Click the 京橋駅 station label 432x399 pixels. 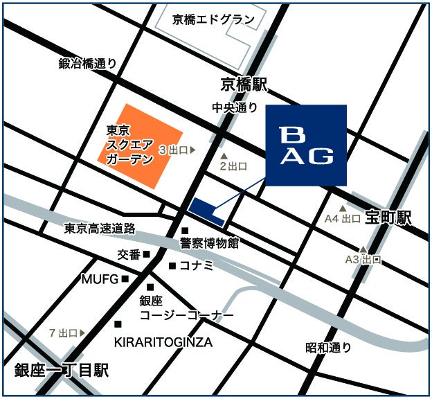pyautogui.click(x=244, y=85)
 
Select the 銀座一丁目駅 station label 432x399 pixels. pyautogui.click(x=62, y=371)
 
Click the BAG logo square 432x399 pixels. pyautogui.click(x=306, y=145)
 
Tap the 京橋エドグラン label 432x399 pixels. pyautogui.click(x=214, y=19)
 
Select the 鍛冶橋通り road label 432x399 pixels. pyautogui.click(x=88, y=64)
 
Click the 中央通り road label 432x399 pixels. pyautogui.click(x=235, y=107)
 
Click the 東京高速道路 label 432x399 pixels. pyautogui.click(x=100, y=228)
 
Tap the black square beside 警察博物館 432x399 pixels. pyautogui.click(x=185, y=231)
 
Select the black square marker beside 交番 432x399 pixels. pyautogui.click(x=147, y=254)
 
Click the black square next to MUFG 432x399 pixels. pyautogui.click(x=125, y=279)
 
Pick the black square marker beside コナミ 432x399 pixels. pyautogui.click(x=172, y=265)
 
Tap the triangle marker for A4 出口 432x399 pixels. pyautogui.click(x=342, y=208)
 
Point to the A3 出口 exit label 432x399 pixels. pyautogui.click(x=363, y=260)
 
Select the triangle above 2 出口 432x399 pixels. pyautogui.click(x=224, y=156)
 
